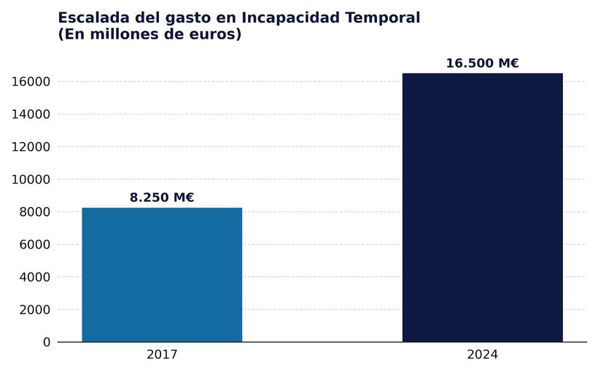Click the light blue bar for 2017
click(162, 275)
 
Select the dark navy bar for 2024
click(482, 208)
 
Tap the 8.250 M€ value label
click(162, 198)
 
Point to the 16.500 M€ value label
click(482, 63)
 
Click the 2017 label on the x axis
click(162, 355)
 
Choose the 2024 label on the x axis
click(482, 355)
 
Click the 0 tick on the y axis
click(47, 342)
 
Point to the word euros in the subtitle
click(212, 34)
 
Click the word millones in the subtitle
click(125, 34)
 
